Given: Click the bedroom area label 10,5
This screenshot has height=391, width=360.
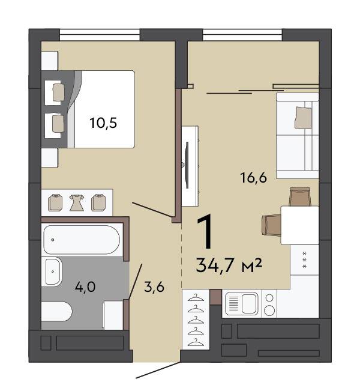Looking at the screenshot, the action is (x=103, y=123).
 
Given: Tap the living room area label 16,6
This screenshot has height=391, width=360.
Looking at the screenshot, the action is (x=253, y=178).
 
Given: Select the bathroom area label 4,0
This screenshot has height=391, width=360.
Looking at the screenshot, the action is (x=85, y=287).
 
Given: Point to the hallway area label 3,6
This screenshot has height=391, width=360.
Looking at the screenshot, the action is (x=154, y=287).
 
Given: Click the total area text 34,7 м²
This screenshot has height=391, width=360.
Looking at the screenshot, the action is (x=229, y=265).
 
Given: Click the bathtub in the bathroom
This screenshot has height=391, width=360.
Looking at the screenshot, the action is (x=82, y=240).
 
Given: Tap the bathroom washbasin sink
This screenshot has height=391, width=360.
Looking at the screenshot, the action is (x=52, y=271).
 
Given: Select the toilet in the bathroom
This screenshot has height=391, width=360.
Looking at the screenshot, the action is (x=56, y=312).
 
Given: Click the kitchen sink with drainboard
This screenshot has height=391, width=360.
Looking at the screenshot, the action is (x=241, y=303).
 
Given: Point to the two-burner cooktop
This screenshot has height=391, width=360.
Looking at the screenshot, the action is (x=269, y=304).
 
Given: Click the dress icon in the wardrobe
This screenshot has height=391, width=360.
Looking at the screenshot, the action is (x=77, y=203).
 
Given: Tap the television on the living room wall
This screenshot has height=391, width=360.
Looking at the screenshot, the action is (x=187, y=165).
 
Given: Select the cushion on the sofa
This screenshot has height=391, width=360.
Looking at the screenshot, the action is (x=303, y=118).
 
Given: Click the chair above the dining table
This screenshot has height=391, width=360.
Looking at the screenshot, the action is (x=300, y=196).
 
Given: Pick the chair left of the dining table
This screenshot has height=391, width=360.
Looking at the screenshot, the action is (x=271, y=225).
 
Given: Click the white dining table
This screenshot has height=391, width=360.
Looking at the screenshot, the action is (x=300, y=225).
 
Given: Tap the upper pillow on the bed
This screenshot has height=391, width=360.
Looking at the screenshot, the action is (x=59, y=92).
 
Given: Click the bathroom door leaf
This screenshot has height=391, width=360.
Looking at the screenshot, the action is (x=135, y=281).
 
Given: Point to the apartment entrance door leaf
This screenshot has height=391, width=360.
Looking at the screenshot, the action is (x=158, y=371).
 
